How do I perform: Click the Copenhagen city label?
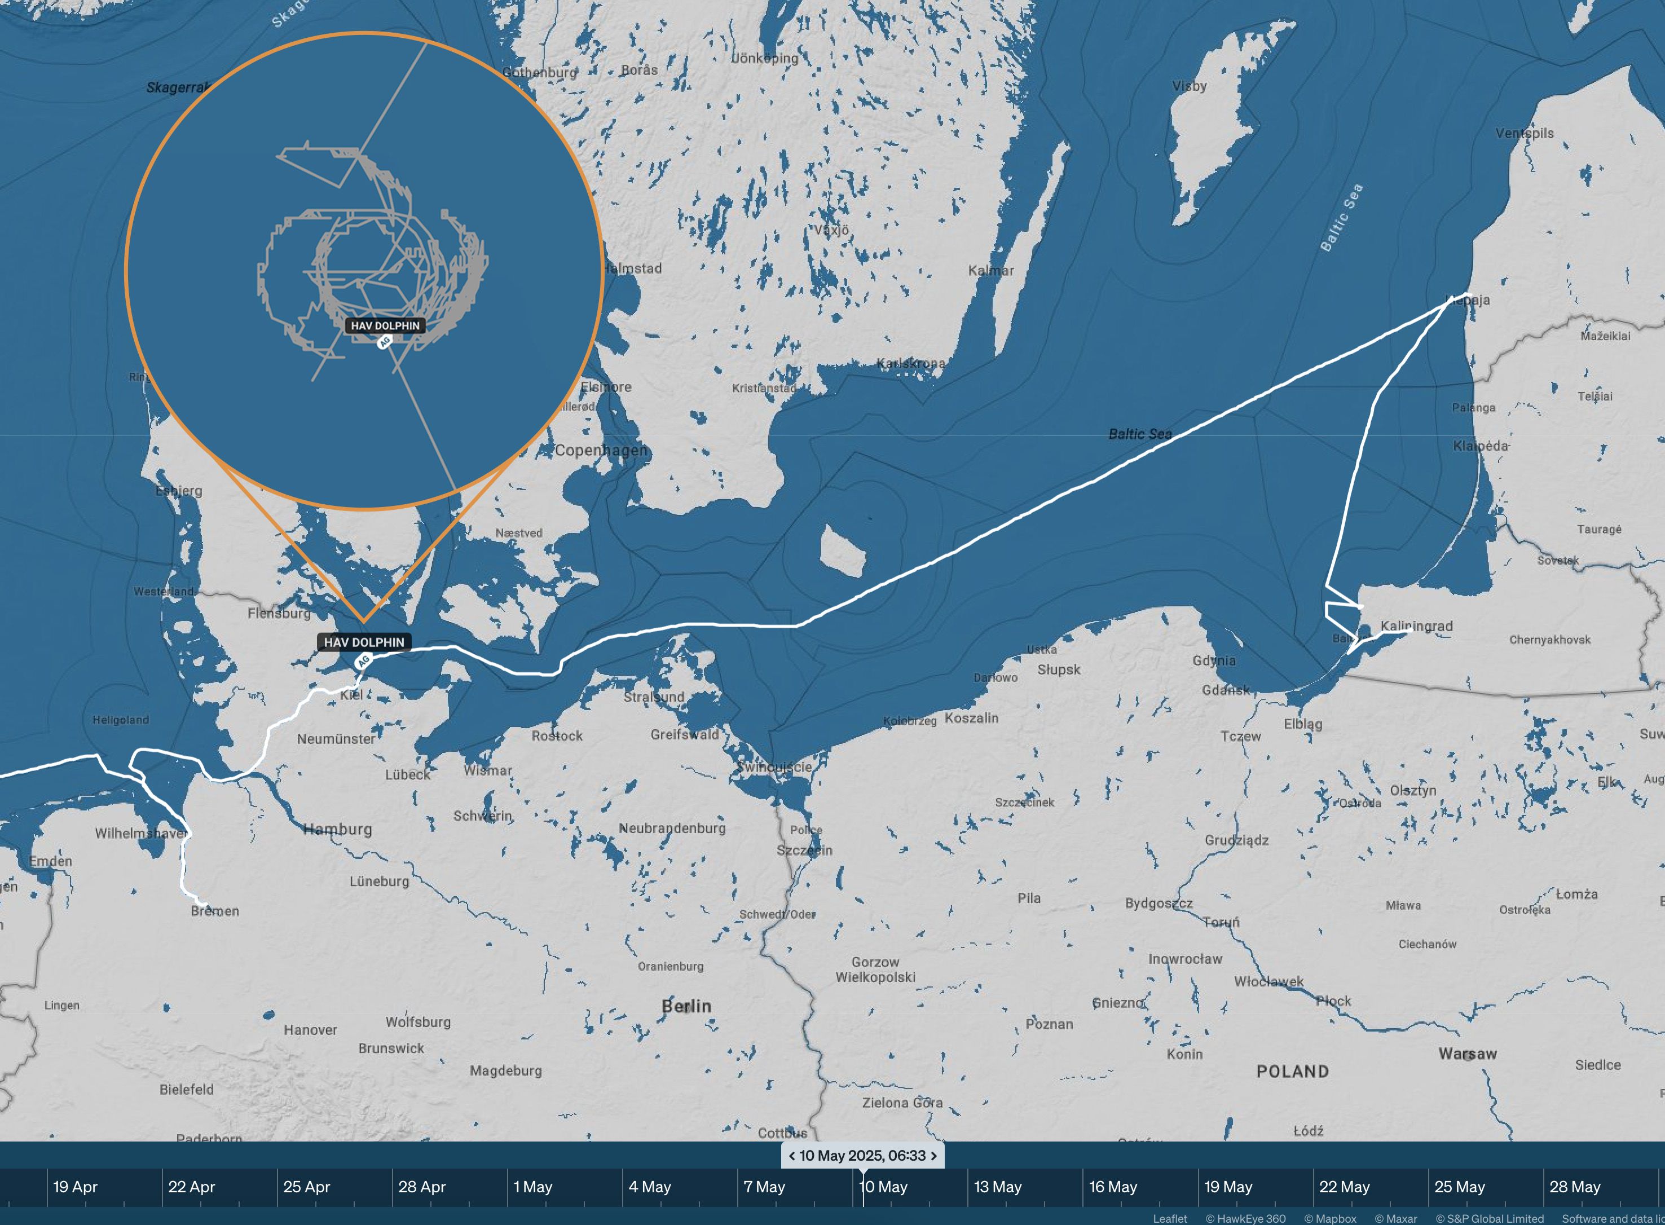(x=601, y=450)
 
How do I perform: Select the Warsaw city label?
(x=1467, y=1054)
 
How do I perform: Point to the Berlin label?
(x=686, y=1006)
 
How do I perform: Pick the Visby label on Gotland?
(x=1189, y=86)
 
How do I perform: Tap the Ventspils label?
(x=1524, y=134)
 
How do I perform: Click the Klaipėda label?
(x=1481, y=446)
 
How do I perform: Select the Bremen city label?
(x=215, y=911)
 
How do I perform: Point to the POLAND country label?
(x=1292, y=1072)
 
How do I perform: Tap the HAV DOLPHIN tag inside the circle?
(x=385, y=325)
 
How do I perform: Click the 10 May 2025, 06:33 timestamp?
(x=862, y=1155)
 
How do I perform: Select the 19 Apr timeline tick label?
(x=75, y=1187)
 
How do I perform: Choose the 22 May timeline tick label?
(x=1344, y=1187)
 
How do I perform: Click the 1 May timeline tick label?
(x=532, y=1187)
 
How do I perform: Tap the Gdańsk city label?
(x=1225, y=690)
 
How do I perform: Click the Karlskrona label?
(x=911, y=363)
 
